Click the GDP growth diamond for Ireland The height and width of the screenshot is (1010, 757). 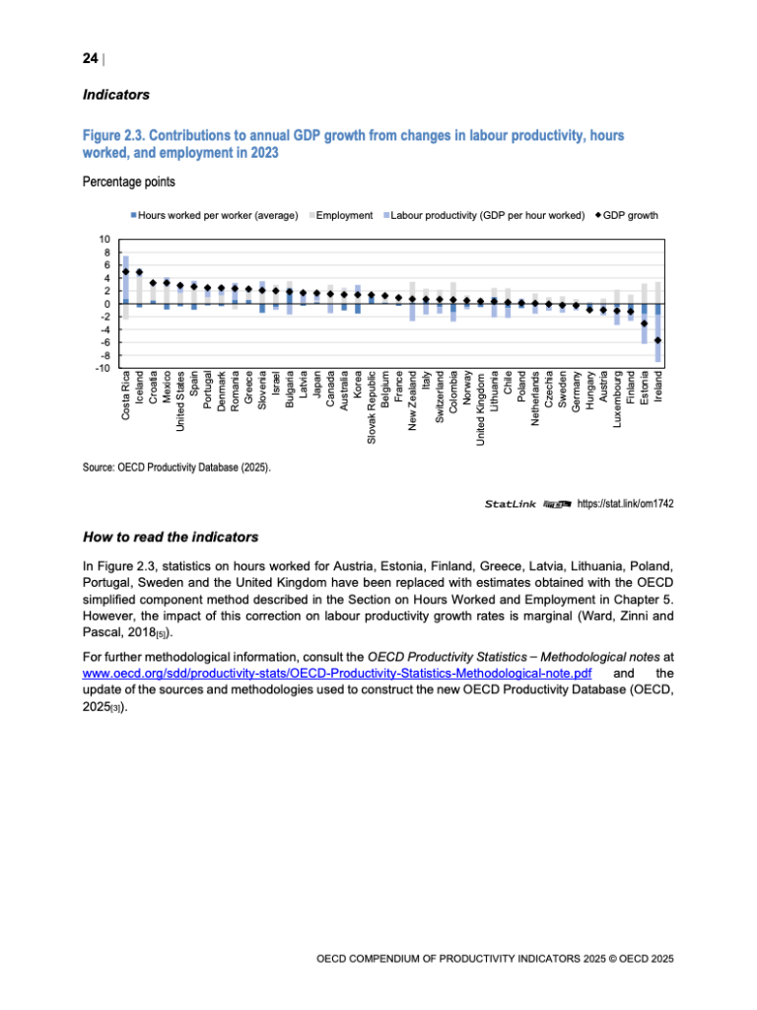click(657, 340)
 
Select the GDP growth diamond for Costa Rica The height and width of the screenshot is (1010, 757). click(125, 271)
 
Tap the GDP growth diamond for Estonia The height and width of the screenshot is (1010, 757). click(644, 324)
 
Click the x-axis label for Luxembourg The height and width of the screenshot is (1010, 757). click(617, 402)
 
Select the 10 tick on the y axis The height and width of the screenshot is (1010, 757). click(103, 240)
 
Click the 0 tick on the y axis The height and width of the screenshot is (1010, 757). click(106, 304)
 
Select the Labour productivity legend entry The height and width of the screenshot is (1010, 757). click(487, 215)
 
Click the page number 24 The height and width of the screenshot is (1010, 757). click(90, 59)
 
